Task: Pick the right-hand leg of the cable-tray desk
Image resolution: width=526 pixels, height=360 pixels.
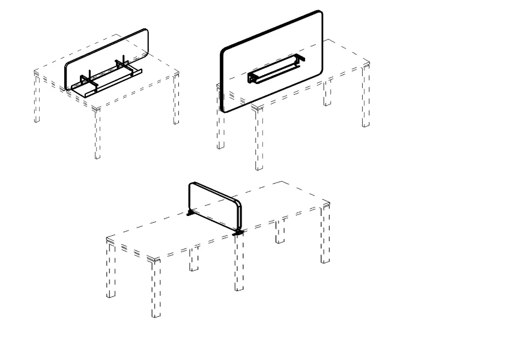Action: coord(176,99)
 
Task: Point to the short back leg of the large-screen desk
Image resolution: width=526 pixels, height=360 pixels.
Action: coord(327,94)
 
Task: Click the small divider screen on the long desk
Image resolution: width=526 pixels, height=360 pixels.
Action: coord(215,204)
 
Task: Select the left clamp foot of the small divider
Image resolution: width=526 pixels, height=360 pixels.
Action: coord(190,212)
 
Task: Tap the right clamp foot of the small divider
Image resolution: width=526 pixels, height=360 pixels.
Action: coord(238,231)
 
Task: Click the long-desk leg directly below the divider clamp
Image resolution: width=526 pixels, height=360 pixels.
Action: coord(239,264)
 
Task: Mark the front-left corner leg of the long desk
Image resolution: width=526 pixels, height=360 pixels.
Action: coord(156,288)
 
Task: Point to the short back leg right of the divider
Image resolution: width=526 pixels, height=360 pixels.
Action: coord(280,232)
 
